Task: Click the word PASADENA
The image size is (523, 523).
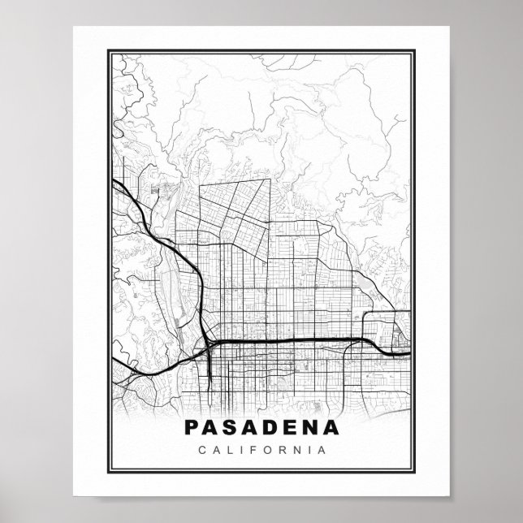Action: [261, 426]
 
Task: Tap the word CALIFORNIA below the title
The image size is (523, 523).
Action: [261, 448]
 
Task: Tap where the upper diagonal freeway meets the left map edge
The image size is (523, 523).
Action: [111, 180]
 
